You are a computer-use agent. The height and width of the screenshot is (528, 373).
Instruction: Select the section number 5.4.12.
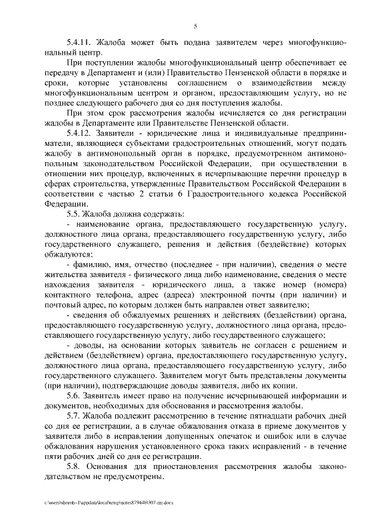coord(80,133)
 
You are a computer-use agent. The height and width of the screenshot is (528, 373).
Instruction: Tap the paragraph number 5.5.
coord(74,214)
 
